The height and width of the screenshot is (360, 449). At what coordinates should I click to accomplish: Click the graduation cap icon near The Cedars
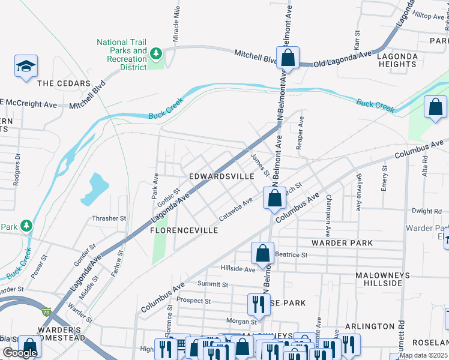[x=26, y=66]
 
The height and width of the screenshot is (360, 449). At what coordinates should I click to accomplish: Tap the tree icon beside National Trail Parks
[x=156, y=54]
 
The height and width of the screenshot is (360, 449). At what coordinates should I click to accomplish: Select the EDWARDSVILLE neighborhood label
[x=221, y=177]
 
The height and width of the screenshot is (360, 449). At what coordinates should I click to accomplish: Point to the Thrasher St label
[x=109, y=219]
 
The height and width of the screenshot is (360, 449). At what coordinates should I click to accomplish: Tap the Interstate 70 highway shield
[x=46, y=312]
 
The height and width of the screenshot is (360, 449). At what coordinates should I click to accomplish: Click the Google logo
[x=20, y=353]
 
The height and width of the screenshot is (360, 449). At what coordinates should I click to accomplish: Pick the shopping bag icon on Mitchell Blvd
[x=288, y=58]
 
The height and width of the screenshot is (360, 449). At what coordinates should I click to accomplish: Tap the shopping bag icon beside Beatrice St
[x=263, y=253]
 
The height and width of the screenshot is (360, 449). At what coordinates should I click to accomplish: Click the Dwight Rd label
[x=427, y=211]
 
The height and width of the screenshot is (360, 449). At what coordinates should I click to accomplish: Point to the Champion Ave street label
[x=328, y=215]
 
